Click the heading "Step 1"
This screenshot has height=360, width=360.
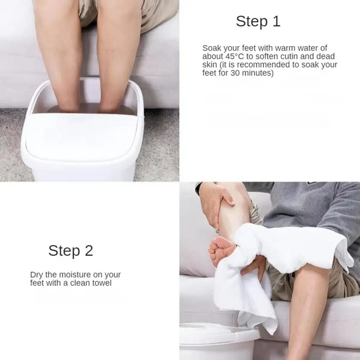[x=258, y=22]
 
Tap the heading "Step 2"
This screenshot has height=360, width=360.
[x=70, y=251]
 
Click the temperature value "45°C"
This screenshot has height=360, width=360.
[x=233, y=56]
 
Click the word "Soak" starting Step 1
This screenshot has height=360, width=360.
[x=211, y=48]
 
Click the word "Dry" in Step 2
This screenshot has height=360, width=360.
[x=36, y=275]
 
